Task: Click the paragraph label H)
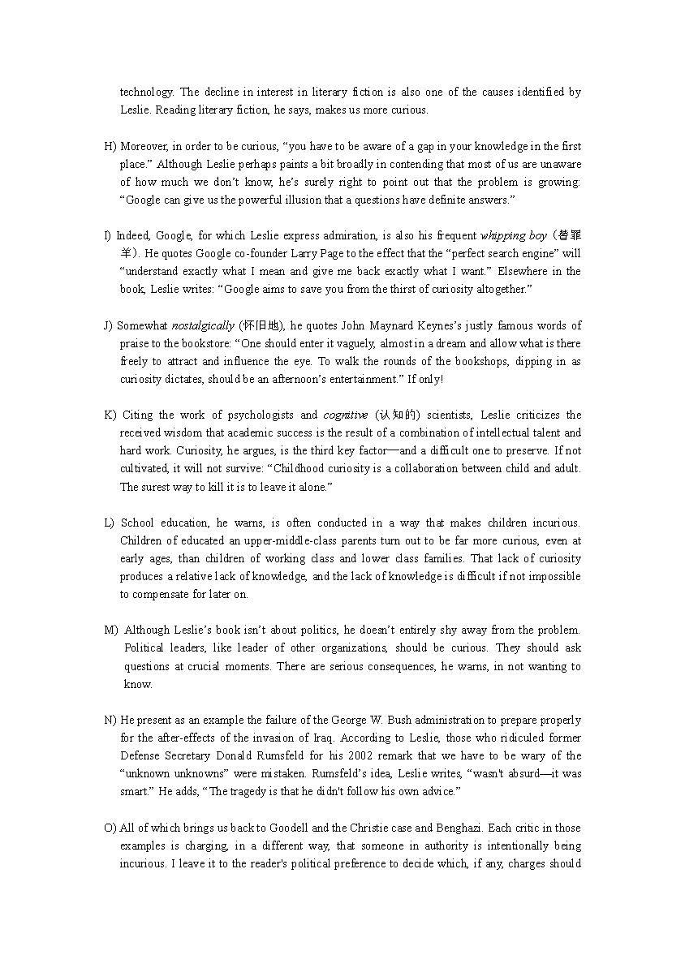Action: tap(110, 146)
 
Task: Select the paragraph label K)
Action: tap(110, 415)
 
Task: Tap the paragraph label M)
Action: tap(110, 630)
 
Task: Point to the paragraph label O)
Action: tap(110, 828)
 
